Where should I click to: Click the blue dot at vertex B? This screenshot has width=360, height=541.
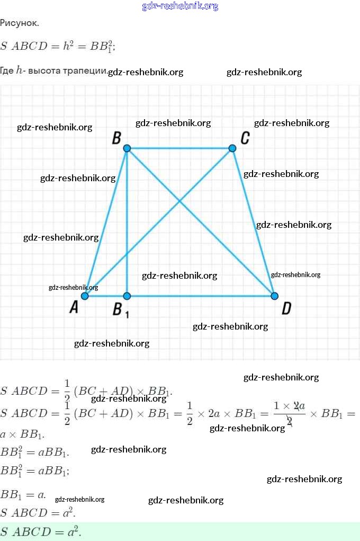click(x=127, y=148)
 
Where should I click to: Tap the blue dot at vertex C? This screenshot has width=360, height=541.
click(x=232, y=148)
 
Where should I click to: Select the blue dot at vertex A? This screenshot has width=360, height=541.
click(x=85, y=296)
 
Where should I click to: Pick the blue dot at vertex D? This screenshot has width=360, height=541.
click(x=274, y=296)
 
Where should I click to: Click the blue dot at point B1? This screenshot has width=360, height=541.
click(x=127, y=296)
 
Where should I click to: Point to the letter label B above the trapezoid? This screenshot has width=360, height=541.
click(x=116, y=138)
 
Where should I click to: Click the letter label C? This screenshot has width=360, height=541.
click(x=245, y=138)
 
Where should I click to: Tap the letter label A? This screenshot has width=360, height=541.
click(x=74, y=307)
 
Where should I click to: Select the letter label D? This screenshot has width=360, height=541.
click(x=286, y=308)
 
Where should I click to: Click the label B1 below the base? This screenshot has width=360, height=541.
click(x=120, y=309)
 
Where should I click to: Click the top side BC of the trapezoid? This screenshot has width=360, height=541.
click(x=180, y=148)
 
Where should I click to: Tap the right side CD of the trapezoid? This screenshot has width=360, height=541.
click(x=253, y=223)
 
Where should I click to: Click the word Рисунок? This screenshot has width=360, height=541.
click(x=20, y=23)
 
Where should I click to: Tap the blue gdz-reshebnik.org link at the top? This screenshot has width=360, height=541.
click(x=180, y=6)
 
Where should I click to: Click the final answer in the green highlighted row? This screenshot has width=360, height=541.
click(x=41, y=531)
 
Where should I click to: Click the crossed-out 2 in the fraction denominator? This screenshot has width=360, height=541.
click(x=290, y=421)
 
